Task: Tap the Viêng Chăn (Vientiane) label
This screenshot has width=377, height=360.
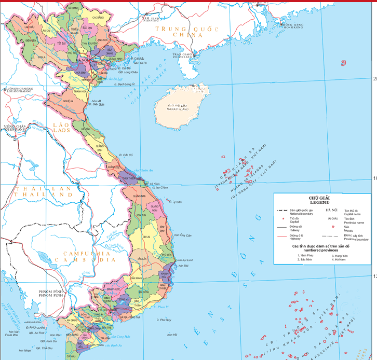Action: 16,128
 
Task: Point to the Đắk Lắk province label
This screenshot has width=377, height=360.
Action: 136,258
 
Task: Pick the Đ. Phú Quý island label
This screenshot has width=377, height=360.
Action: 165,320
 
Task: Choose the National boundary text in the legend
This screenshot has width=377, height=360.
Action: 302,213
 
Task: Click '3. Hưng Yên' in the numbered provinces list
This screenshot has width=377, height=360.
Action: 340,256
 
